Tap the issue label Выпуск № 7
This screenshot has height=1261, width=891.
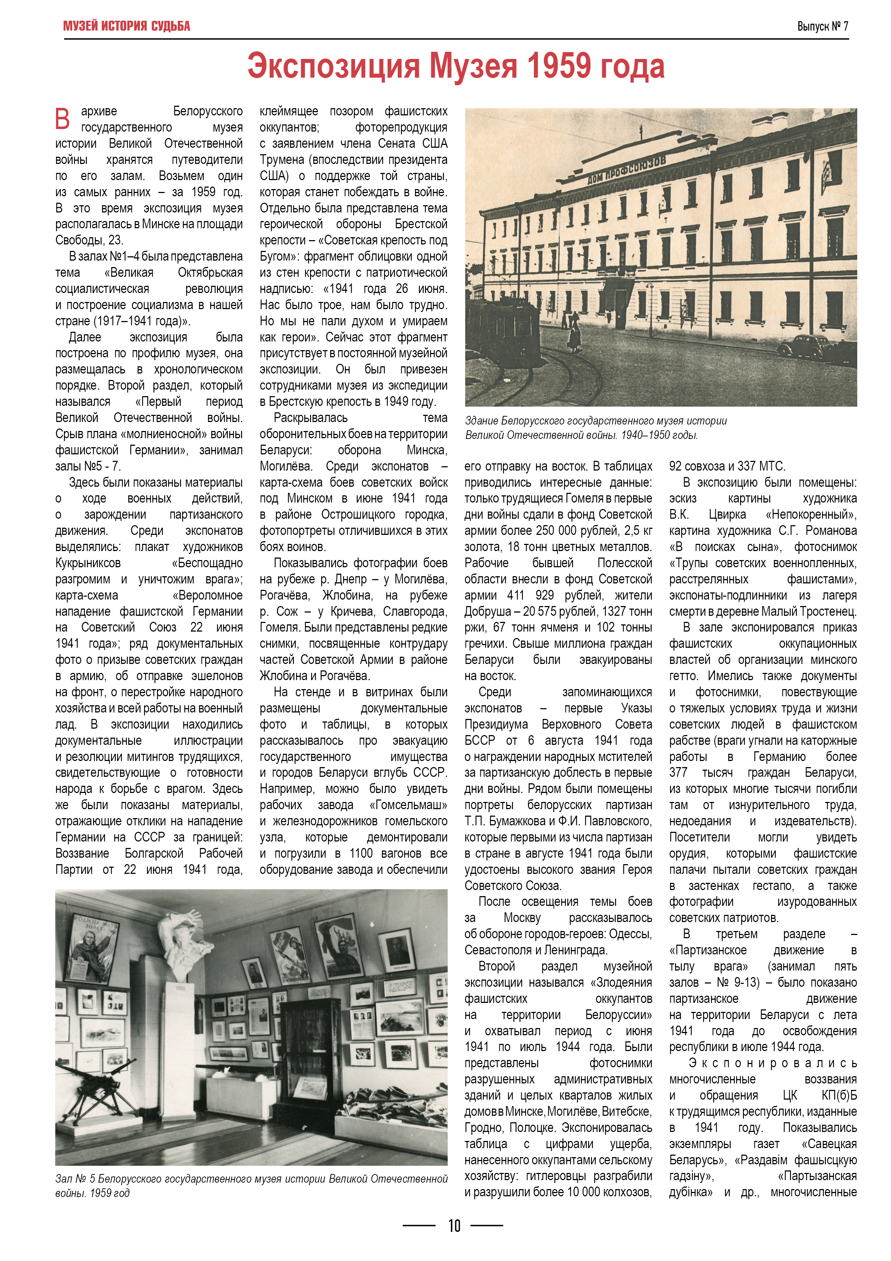click(x=822, y=26)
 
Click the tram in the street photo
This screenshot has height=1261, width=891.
click(x=511, y=335)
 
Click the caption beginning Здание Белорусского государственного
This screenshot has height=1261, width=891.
click(x=596, y=428)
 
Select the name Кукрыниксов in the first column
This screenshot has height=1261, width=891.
click(x=88, y=563)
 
